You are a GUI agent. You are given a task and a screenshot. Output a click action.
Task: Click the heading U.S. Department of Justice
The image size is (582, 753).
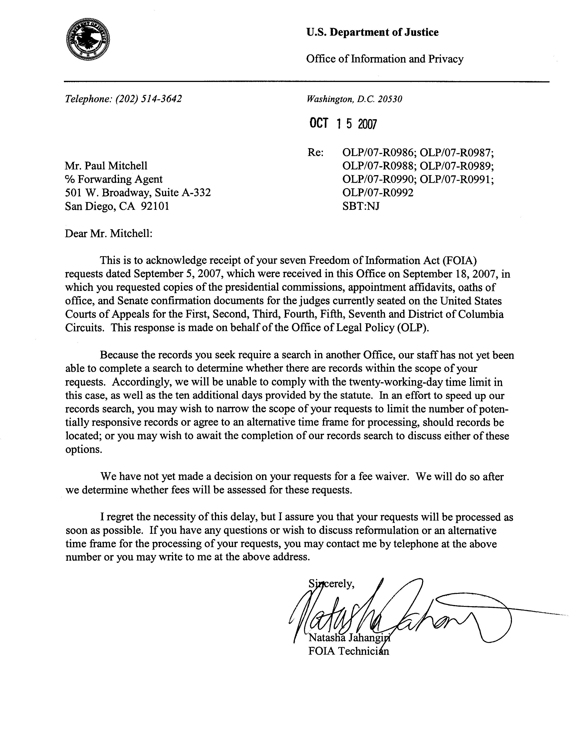click(x=372, y=32)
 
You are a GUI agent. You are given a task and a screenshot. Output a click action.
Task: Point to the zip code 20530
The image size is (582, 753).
click(x=390, y=99)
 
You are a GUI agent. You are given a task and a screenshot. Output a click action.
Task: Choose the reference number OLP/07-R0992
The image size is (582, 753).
click(x=378, y=192)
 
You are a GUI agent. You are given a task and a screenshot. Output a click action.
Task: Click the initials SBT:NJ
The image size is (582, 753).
click(x=361, y=206)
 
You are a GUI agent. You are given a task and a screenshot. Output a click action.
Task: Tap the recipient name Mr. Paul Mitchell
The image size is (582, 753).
click(x=106, y=166)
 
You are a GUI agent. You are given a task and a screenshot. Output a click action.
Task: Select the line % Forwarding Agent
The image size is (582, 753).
click(x=114, y=179)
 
